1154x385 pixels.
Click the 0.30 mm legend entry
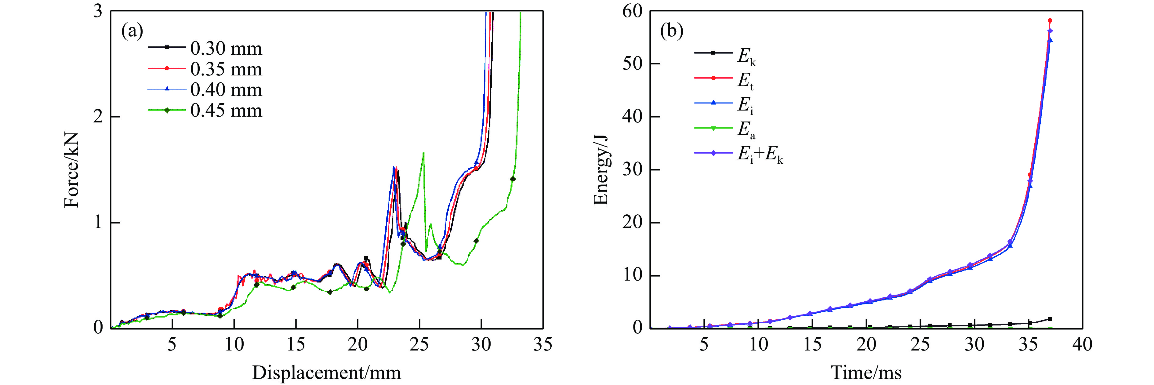pos(226,49)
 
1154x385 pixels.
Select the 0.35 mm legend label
pos(226,69)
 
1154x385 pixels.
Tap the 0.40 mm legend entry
pos(226,90)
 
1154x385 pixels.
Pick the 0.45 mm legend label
pos(226,110)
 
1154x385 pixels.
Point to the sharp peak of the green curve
pos(423,153)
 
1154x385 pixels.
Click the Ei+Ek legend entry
pos(760,154)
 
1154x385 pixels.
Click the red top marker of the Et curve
pos(1050,21)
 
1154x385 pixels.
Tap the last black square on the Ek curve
pos(1050,319)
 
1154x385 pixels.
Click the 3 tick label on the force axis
pos(98,11)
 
